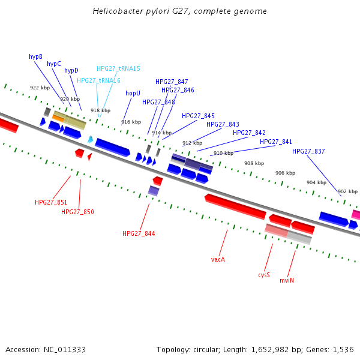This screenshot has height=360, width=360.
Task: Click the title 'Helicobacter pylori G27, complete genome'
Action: tap(180, 11)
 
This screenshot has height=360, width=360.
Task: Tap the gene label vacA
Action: tap(218, 259)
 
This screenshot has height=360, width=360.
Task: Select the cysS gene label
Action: tap(264, 275)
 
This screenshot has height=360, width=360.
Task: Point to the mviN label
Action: tap(287, 280)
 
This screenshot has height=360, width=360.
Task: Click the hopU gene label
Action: tap(133, 93)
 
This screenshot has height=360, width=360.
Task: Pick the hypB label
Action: tap(35, 56)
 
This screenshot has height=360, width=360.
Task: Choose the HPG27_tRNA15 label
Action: tap(118, 68)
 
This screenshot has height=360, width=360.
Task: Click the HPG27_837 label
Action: tap(308, 151)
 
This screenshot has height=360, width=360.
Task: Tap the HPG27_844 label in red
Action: tap(139, 233)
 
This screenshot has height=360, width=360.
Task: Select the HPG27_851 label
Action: tap(51, 202)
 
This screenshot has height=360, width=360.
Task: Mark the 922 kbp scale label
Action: tap(40, 88)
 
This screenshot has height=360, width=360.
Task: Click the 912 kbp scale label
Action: tap(192, 143)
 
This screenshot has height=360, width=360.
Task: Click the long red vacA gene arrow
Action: tap(235, 205)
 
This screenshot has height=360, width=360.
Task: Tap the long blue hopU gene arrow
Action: tap(112, 147)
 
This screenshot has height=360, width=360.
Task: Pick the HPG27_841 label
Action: tap(276, 142)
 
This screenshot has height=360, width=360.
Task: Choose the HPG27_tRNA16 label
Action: tap(98, 80)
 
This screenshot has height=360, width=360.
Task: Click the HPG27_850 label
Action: tap(77, 212)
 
